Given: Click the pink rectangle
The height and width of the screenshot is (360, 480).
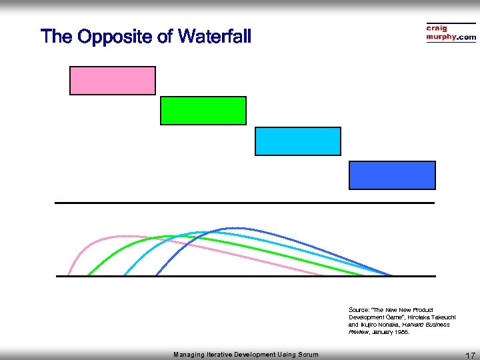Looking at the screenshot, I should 113,81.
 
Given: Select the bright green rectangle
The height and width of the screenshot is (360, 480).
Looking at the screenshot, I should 203,111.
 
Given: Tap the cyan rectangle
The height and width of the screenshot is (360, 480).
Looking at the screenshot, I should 298,141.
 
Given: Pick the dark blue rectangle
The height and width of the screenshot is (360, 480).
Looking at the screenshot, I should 392,175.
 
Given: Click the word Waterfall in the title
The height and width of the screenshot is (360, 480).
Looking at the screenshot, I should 213,36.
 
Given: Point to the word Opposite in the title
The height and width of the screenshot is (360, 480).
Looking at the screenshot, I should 116,36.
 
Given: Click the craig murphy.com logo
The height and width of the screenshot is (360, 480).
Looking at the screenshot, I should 451,33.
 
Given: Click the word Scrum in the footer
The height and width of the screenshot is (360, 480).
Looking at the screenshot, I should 307,355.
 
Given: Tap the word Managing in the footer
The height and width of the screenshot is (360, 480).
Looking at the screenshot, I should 189,355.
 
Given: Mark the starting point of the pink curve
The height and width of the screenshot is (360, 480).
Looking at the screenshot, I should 68,275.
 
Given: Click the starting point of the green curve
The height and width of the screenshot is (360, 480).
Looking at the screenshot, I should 87,275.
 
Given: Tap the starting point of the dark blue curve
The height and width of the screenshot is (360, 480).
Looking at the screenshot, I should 156,275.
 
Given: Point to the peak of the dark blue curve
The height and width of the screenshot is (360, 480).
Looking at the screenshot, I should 230,229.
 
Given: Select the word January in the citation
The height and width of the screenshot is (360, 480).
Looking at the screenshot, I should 385,332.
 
